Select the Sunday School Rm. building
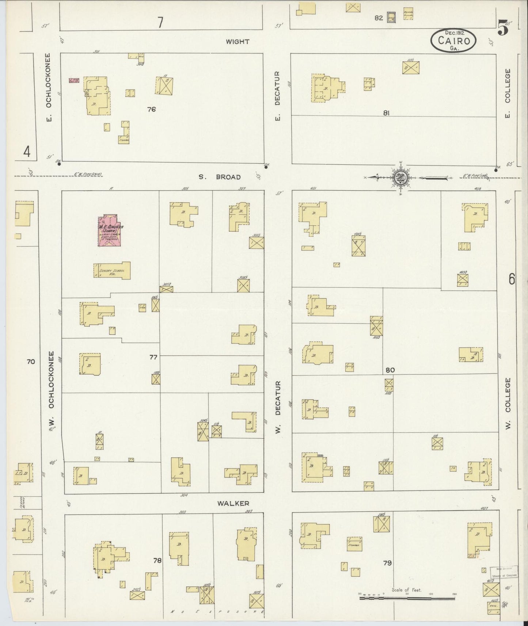point(112,271)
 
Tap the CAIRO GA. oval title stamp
point(453,40)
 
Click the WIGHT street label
point(238,42)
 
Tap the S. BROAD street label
point(220,177)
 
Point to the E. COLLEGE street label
point(507,93)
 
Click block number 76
point(151,109)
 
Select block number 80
point(390,370)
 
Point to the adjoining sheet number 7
point(160,23)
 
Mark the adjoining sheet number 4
point(27,151)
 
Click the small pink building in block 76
point(74,80)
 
